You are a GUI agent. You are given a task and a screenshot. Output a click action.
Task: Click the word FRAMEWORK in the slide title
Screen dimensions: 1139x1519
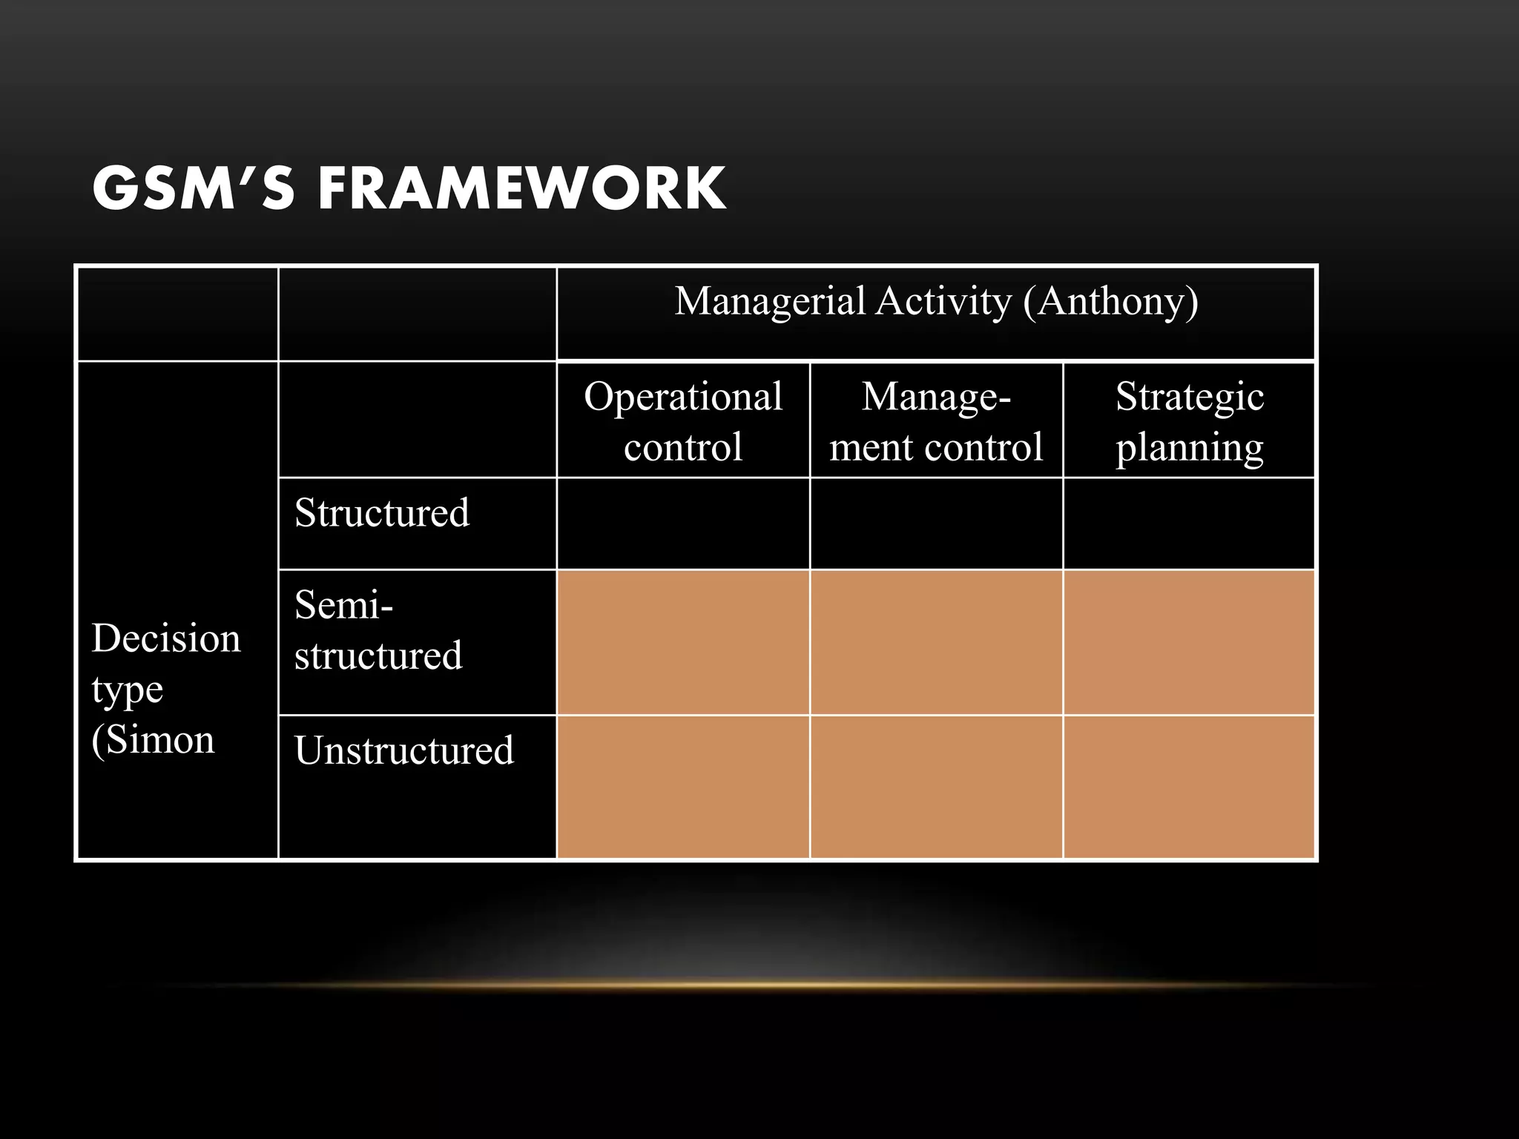click(522, 188)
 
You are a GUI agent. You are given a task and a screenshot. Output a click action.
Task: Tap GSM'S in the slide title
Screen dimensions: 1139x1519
click(193, 188)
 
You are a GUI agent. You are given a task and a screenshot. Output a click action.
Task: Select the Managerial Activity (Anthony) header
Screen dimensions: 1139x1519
click(936, 302)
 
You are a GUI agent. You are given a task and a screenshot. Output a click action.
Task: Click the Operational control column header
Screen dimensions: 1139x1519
click(683, 420)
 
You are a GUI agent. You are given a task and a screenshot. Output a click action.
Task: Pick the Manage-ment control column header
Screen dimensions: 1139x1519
click(936, 420)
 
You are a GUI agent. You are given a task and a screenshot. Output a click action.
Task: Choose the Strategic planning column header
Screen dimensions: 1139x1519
click(1190, 420)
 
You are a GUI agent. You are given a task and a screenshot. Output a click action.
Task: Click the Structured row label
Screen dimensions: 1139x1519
click(382, 512)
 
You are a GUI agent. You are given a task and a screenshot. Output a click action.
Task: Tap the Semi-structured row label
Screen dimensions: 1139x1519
click(378, 630)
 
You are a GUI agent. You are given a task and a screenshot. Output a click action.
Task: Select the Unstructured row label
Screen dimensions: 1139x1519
click(404, 750)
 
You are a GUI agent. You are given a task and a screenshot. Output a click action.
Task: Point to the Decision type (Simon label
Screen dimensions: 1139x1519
click(166, 688)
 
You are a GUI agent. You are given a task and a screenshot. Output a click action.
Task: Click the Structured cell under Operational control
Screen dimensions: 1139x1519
click(683, 524)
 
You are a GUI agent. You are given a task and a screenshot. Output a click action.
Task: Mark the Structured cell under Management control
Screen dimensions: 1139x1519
click(936, 524)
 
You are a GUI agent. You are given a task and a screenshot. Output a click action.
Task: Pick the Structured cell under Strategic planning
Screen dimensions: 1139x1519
click(1190, 524)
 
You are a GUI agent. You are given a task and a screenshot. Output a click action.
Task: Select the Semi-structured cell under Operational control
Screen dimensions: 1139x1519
click(683, 642)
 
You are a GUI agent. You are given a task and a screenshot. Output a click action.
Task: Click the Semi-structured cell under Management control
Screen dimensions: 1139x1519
click(936, 642)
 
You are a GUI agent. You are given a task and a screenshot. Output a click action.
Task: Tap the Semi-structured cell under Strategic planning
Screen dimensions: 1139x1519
click(1190, 642)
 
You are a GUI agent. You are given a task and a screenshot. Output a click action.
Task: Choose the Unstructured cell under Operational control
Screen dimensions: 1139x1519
click(683, 787)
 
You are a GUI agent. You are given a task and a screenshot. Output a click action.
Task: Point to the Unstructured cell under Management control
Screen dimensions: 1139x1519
click(936, 787)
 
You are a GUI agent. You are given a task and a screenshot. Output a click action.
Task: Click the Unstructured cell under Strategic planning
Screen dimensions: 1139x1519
click(1190, 787)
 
